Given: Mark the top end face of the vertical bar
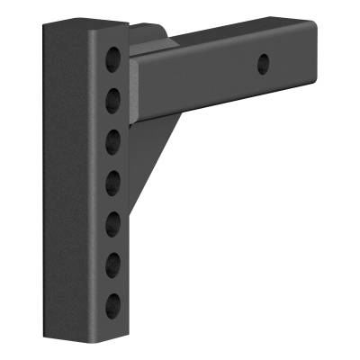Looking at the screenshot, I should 85,29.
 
